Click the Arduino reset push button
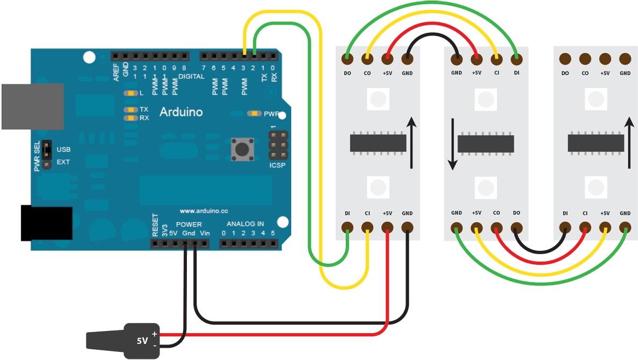click(242, 149)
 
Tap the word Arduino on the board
click(181, 112)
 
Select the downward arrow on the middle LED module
click(452, 143)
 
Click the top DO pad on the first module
click(347, 59)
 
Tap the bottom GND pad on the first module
click(408, 227)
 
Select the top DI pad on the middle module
click(516, 59)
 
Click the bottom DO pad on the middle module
click(516, 227)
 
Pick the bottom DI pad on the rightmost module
click(565, 227)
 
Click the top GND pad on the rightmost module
click(625, 59)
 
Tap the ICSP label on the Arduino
click(277, 165)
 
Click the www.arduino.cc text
click(204, 211)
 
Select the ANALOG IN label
click(245, 224)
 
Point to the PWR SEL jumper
click(47, 155)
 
